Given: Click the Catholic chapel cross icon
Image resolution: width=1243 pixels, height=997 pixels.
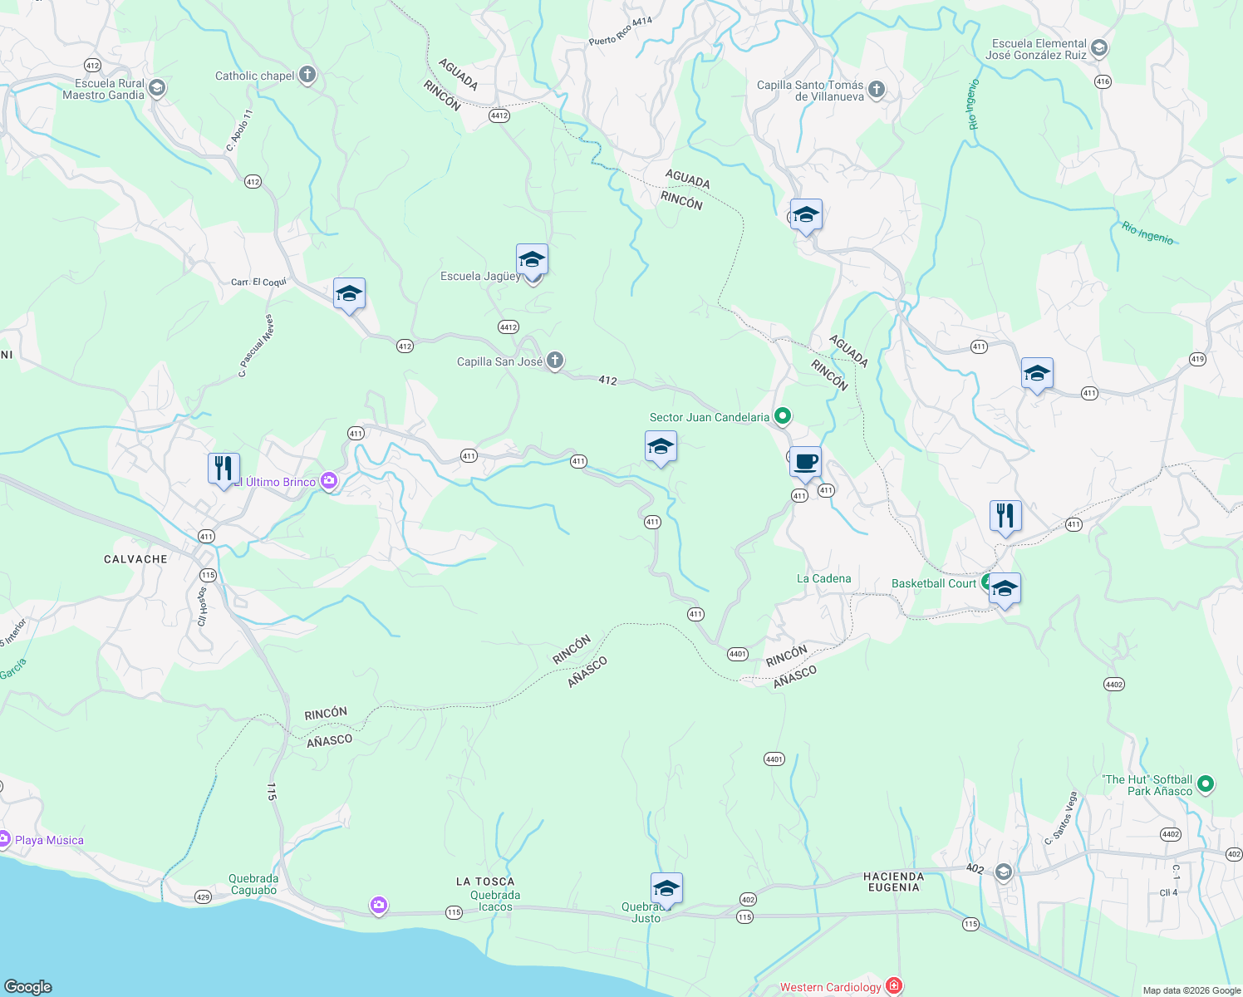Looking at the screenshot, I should pos(307,76).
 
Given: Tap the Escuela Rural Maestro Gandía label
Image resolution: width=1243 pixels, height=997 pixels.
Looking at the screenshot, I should pos(103,89).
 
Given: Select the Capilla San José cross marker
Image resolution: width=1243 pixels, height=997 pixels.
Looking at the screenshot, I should pos(555,361).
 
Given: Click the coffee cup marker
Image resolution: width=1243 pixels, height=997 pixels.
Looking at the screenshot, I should pos(805,463).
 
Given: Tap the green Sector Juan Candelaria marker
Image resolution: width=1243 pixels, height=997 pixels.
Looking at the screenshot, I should pos(782,415).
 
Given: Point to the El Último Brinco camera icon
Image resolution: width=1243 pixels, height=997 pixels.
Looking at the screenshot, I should pos(329,482).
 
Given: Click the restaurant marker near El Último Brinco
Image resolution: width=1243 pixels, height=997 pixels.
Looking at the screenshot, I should pos(224,469).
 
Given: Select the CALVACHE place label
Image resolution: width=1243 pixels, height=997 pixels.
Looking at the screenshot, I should pos(135,559).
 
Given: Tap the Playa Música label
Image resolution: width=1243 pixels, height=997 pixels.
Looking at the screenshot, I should pos(49,840).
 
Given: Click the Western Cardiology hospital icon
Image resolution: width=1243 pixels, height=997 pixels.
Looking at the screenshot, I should pos(894,986).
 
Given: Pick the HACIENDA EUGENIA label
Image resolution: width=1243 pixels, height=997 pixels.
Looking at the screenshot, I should pos(894,882).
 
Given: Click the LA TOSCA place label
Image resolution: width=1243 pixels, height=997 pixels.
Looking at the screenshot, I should pos(485,882).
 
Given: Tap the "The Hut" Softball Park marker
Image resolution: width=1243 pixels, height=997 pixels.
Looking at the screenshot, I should pos(1206,783).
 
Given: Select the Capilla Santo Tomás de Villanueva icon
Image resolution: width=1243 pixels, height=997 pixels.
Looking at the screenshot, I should pos(876,90).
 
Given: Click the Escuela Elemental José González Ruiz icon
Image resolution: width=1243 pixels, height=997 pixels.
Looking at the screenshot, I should pos(1099,48).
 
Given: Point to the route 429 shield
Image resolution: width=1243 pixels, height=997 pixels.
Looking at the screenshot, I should pos(203,896).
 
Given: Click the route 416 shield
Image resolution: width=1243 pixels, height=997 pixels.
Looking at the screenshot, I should pos(1103,81).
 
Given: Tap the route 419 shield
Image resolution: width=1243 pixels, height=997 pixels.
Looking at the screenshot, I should pos(1196,359).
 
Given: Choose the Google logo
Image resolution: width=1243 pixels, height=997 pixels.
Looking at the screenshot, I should pos(28,986).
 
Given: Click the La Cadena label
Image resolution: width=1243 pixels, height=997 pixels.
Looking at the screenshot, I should pos(823,578).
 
